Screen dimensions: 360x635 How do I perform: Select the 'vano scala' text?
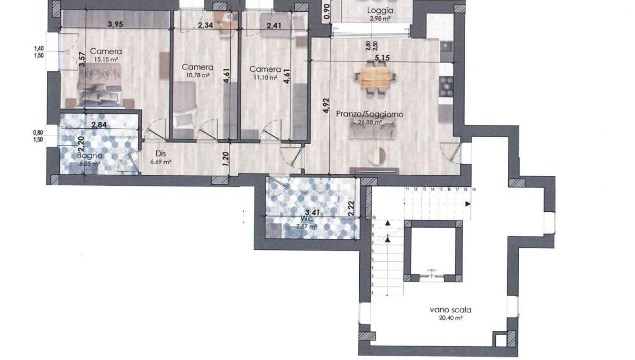450,310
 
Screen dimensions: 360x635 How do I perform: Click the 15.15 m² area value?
106,59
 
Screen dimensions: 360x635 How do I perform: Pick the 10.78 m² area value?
197,75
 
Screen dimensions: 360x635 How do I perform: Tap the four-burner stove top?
447,86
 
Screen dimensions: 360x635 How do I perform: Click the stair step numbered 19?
473,189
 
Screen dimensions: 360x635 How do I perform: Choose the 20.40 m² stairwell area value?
451,319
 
